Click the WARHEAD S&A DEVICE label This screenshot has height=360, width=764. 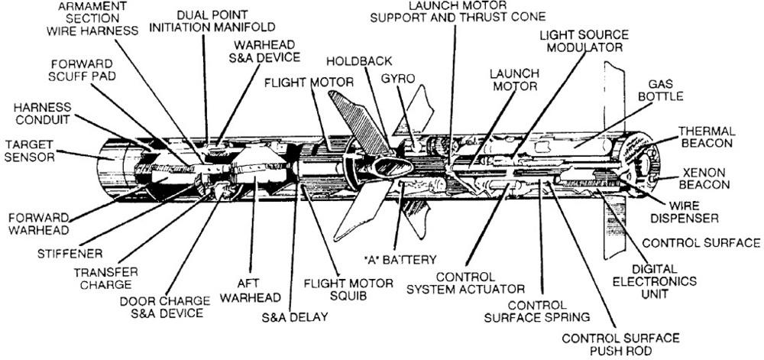click(x=267, y=50)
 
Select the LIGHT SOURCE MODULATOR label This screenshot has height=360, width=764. click(x=585, y=41)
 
